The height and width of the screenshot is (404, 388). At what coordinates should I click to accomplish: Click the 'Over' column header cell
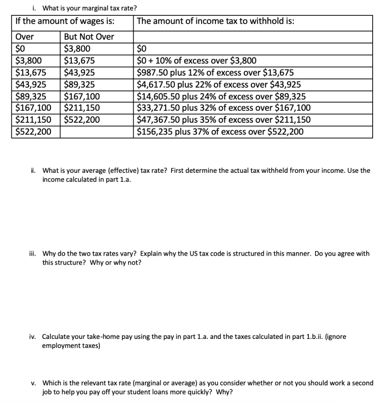tap(24, 37)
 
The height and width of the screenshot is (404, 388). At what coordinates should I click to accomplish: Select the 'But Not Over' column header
tap(89, 37)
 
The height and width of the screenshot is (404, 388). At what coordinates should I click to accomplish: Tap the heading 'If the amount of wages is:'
tap(65, 21)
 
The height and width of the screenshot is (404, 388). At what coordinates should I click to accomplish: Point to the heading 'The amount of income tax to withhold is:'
tap(215, 21)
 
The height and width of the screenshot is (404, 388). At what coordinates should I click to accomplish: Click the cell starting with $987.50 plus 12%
tap(215, 73)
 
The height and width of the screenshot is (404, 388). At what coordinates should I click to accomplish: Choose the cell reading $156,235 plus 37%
tap(220, 132)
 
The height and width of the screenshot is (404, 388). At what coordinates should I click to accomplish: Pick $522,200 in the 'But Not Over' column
tap(82, 120)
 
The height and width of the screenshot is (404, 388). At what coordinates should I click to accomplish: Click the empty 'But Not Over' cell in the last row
tap(97, 132)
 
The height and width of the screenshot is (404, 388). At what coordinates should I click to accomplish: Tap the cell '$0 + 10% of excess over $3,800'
tap(196, 61)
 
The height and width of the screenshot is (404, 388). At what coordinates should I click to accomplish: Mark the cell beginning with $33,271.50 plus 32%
tap(224, 108)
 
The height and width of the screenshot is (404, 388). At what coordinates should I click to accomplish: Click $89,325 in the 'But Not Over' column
tap(80, 84)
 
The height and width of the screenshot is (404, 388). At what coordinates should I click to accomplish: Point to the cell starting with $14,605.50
tap(221, 96)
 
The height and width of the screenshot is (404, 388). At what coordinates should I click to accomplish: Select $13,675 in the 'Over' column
tap(30, 73)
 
